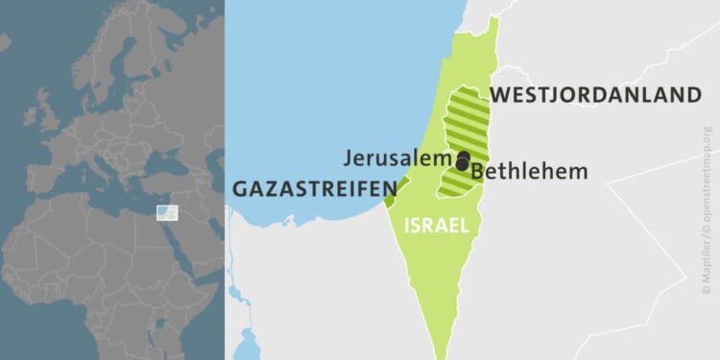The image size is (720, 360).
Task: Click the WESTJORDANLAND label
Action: [595, 95]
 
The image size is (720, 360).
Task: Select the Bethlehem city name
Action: [529, 172]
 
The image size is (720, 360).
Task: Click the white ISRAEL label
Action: [437, 227]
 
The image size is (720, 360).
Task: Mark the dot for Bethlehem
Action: [463, 165]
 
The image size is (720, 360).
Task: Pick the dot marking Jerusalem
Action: [463, 156]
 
